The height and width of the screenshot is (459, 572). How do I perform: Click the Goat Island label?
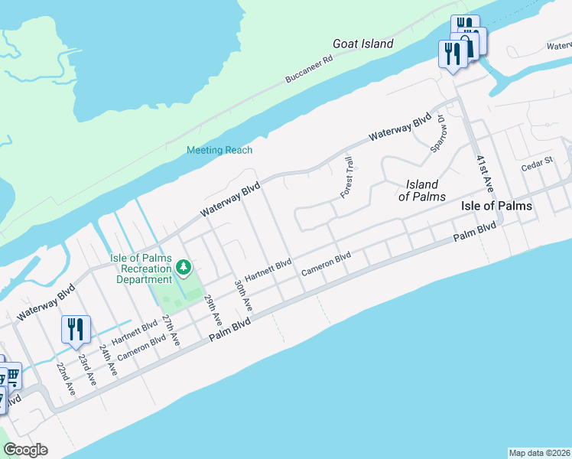coord(362,44)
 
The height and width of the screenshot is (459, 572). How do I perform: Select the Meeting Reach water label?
coord(219,150)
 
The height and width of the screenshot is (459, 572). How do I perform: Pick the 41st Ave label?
coord(485,174)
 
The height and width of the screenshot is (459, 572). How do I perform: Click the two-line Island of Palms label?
coord(422,190)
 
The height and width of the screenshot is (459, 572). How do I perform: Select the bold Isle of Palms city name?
coord(496,207)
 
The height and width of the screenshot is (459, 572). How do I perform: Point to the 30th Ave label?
coord(243,295)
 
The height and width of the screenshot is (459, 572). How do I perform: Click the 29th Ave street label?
coord(213,308)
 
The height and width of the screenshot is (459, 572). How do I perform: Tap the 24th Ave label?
coord(112,357)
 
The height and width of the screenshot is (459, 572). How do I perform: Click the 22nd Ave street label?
coord(66,377)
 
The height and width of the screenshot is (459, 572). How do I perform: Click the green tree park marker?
coord(184,268)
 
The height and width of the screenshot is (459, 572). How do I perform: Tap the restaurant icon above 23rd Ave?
coord(76,330)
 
